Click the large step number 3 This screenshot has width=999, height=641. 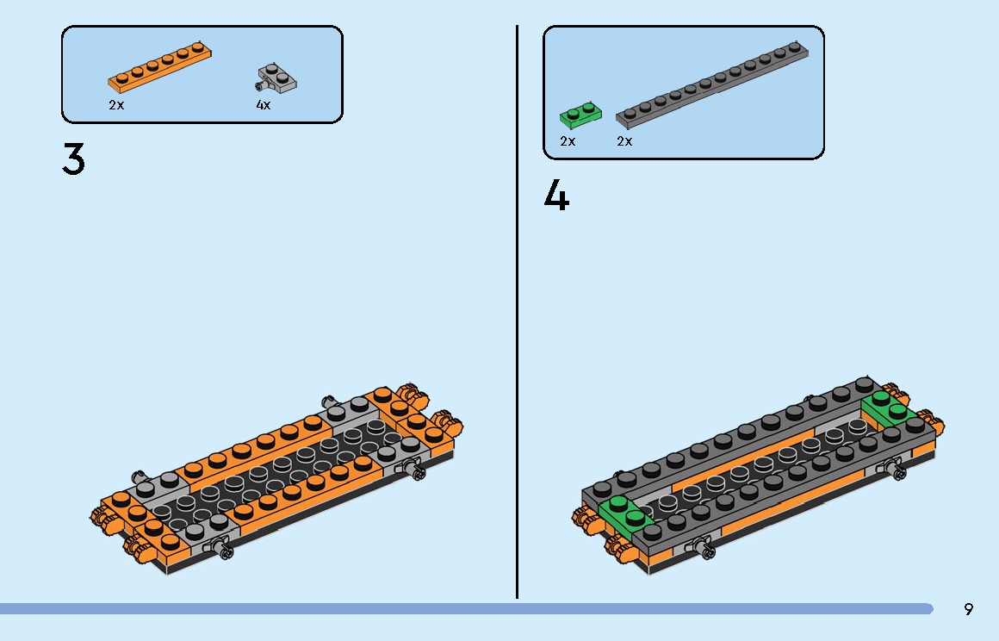coord(74,160)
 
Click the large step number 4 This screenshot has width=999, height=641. coord(556,196)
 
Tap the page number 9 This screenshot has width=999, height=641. coord(969,609)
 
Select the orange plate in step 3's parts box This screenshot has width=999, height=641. coord(160,66)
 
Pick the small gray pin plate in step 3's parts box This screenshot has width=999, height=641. coord(277,79)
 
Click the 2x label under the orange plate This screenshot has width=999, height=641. coord(116,105)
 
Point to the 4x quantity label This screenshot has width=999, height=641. coord(264,105)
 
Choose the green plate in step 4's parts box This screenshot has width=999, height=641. coord(579,115)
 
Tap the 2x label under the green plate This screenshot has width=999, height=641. coord(568,141)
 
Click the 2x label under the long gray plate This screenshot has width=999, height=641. coord(624,141)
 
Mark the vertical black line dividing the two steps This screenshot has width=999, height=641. coord(517,310)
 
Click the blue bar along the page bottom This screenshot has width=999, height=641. coord(465,609)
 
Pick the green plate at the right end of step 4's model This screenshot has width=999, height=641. coord(888,407)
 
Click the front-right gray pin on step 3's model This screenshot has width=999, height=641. coord(417,470)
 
